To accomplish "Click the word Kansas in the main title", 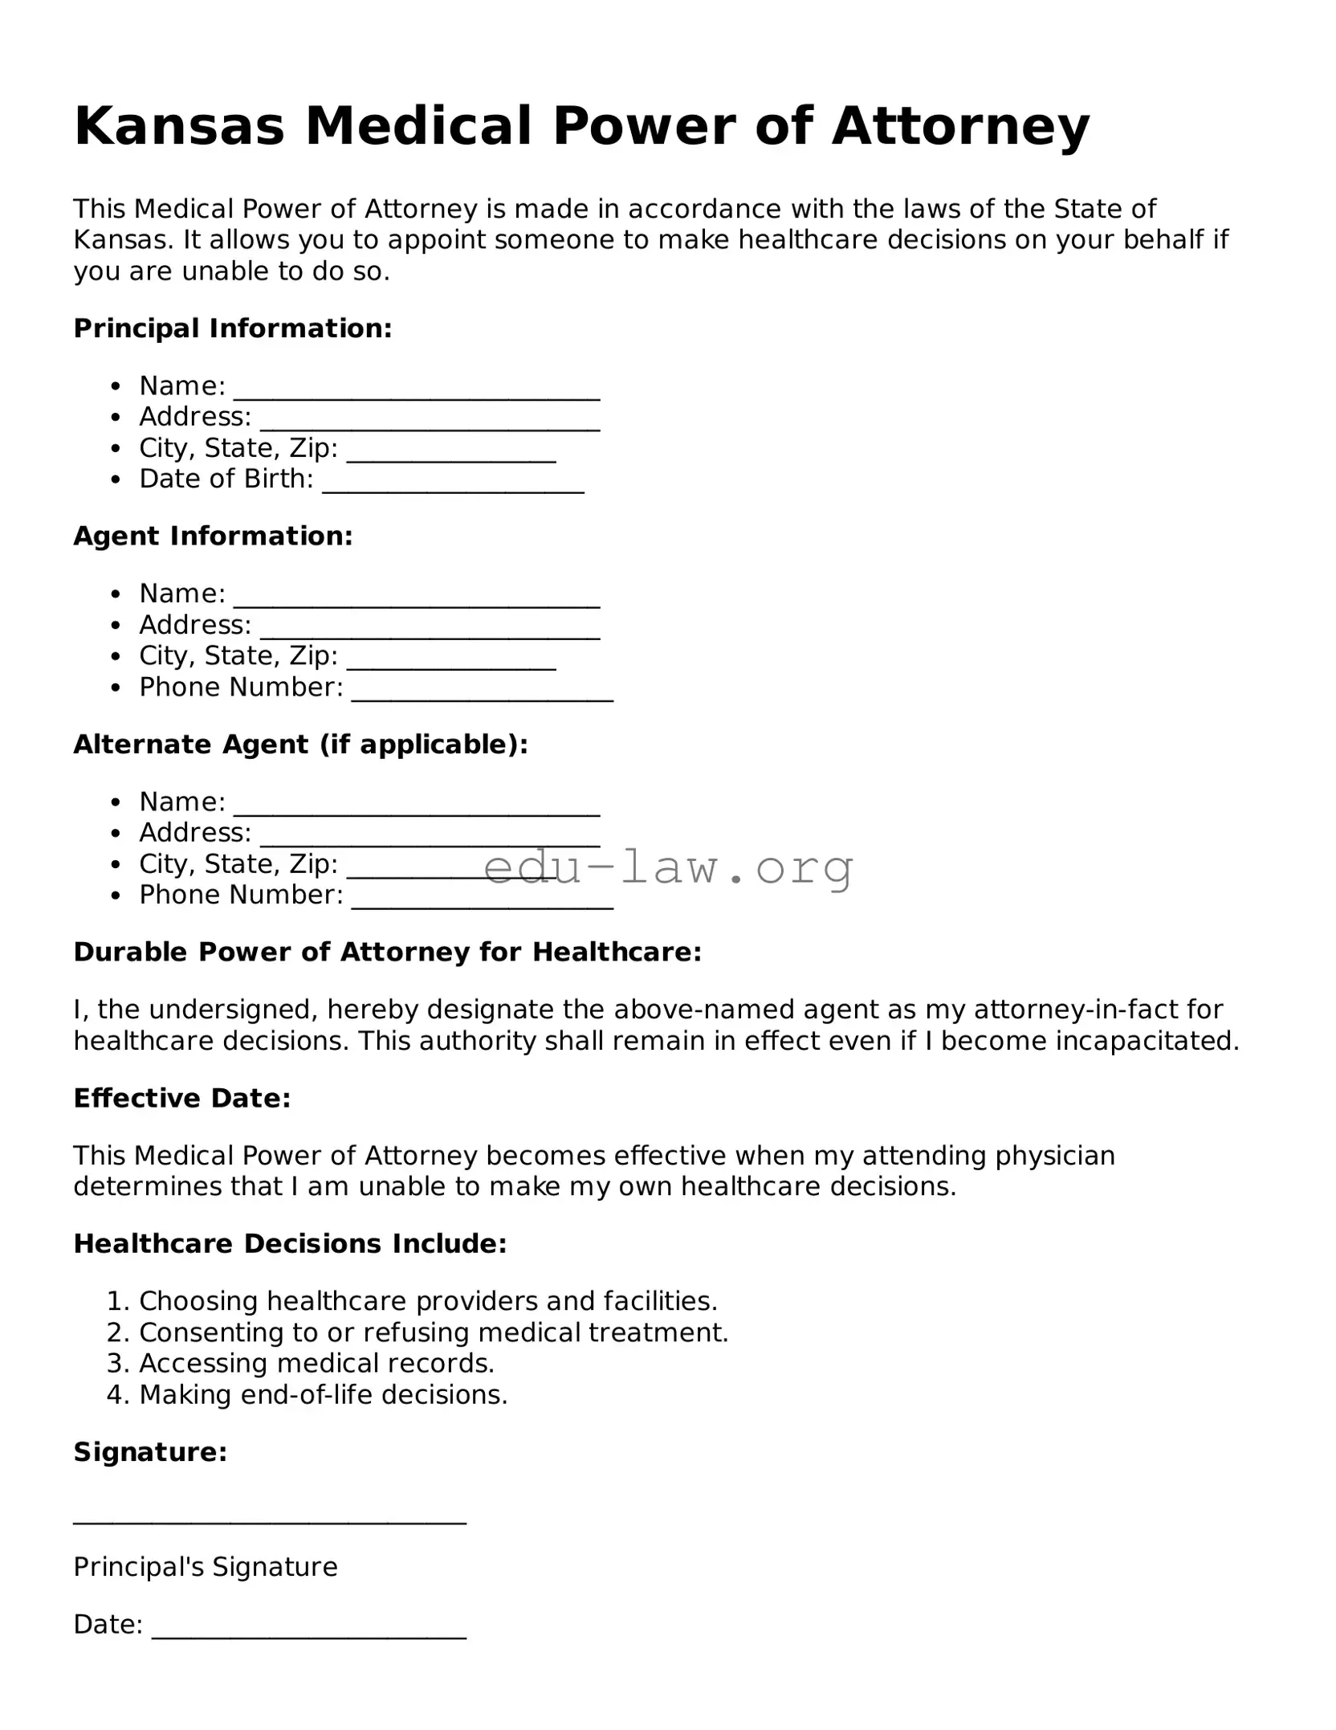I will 179,127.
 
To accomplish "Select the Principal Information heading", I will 233,328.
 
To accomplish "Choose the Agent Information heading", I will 213,537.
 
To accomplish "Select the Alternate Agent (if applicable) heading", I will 301,745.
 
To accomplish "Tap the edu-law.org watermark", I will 668,867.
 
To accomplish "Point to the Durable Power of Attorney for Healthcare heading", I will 388,953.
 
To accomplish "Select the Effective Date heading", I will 182,1099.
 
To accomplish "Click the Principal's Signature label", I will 206,1567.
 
